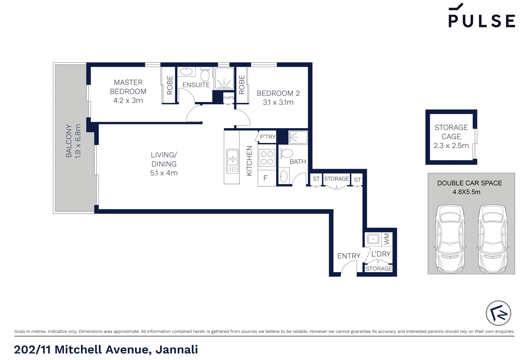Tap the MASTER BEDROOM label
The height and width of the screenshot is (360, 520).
[128, 87]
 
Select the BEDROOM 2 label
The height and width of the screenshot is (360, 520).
[278, 93]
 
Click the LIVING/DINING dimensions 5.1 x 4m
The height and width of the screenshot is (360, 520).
[164, 173]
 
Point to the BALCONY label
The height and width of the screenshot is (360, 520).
[69, 141]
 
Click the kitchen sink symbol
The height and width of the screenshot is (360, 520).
[232, 158]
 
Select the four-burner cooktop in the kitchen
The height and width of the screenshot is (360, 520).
[267, 158]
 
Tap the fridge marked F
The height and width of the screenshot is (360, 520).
[266, 178]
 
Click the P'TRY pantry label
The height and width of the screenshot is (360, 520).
[268, 137]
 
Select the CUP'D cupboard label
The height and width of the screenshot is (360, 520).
[228, 98]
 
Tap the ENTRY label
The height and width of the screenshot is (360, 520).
[349, 256]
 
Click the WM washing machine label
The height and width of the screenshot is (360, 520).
[387, 239]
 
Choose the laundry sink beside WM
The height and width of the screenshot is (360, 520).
[373, 239]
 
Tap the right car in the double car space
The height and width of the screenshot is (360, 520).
[492, 238]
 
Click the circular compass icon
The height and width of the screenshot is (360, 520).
[498, 313]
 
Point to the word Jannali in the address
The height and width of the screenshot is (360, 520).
[177, 349]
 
